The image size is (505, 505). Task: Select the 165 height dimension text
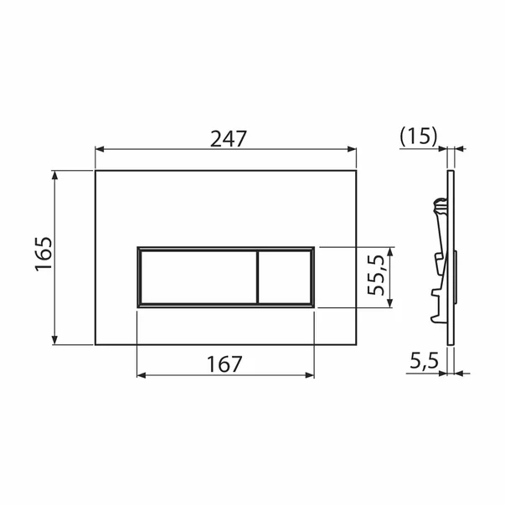pos(44,253)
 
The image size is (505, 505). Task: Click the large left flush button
pos(196,277)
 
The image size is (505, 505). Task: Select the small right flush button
pos(284,277)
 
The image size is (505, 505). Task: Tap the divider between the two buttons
pos(255,277)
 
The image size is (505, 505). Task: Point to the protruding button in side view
pos(456,276)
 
